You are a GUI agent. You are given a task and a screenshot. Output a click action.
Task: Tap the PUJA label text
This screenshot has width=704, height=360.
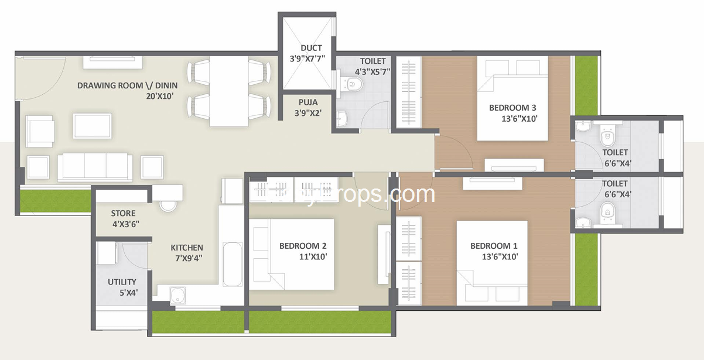pyautogui.click(x=308, y=101)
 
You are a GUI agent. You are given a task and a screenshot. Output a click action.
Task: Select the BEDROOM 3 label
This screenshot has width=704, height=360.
pyautogui.click(x=512, y=108)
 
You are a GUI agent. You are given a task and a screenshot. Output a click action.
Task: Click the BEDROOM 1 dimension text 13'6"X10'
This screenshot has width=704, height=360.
pyautogui.click(x=494, y=256)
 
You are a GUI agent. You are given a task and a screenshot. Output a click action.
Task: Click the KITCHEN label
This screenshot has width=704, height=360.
pyautogui.click(x=187, y=248)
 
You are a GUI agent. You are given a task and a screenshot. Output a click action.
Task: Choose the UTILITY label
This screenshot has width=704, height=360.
pyautogui.click(x=122, y=282)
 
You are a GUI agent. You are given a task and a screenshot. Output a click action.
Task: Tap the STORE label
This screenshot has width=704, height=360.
pyautogui.click(x=123, y=214)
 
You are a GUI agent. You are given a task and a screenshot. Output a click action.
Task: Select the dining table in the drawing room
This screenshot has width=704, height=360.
pyautogui.click(x=228, y=91)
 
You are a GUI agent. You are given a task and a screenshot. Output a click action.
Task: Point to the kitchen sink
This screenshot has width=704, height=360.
pyautogui.click(x=176, y=294)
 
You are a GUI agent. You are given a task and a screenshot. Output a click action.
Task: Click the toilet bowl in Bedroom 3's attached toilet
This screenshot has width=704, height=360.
pyautogui.click(x=607, y=138)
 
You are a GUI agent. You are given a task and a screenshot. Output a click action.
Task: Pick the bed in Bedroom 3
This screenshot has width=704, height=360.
pyautogui.click(x=512, y=98)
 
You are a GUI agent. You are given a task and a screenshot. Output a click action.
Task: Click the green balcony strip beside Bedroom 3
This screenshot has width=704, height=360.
pyautogui.click(x=586, y=85)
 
